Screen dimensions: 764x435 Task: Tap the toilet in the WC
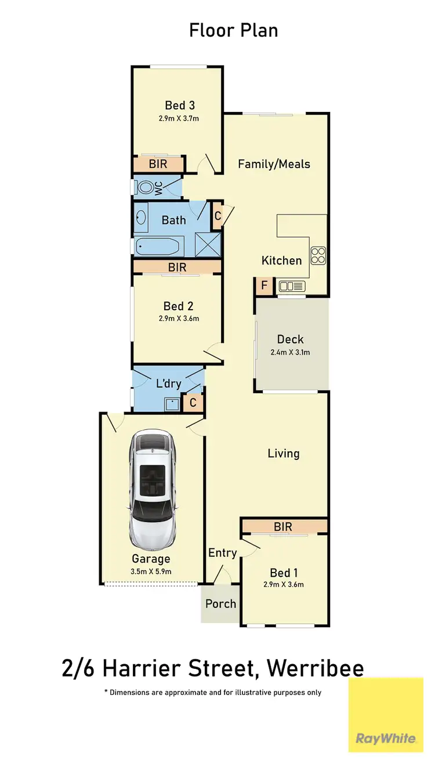tap(147, 187)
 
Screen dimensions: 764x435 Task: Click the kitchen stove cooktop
tap(318, 255)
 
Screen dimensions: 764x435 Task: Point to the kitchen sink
tap(291, 285)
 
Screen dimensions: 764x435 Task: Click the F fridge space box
tap(264, 285)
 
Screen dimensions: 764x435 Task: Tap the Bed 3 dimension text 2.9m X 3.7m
tap(179, 118)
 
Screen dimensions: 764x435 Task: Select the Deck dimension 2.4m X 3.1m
tap(290, 352)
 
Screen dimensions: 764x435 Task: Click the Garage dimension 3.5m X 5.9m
tap(151, 571)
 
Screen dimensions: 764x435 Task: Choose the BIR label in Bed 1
tap(283, 527)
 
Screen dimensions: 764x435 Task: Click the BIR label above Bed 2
tap(177, 267)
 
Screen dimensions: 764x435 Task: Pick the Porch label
tap(220, 604)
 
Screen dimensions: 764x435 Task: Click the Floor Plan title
tap(233, 30)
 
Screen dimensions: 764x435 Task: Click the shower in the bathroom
tap(208, 244)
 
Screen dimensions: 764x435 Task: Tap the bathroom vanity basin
tap(141, 218)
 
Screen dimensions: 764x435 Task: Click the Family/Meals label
tap(274, 164)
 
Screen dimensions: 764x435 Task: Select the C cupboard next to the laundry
tap(193, 402)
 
